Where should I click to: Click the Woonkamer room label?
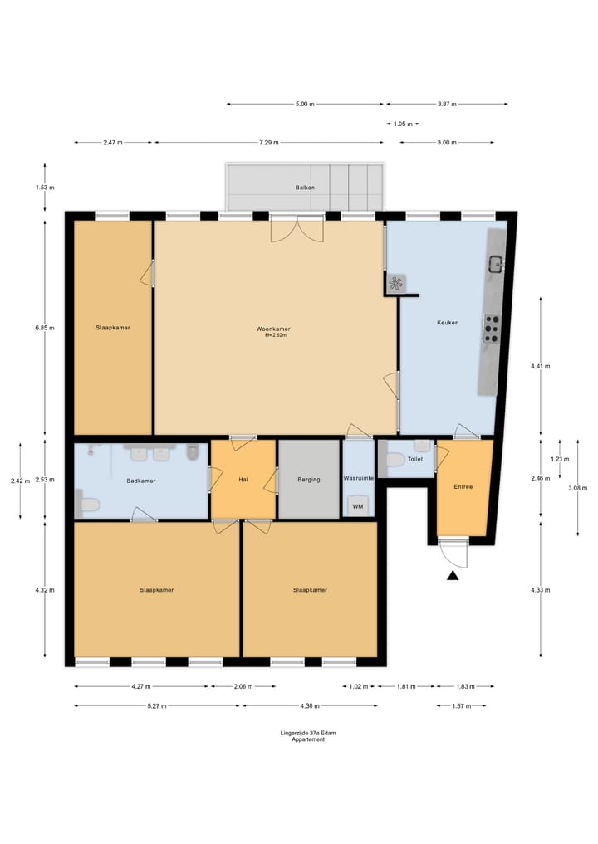(273, 329)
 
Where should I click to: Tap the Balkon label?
(305, 188)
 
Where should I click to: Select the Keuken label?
(448, 323)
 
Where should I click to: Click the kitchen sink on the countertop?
(496, 264)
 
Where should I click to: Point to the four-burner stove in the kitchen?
(491, 329)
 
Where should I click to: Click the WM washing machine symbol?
(358, 506)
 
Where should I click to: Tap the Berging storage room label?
(309, 480)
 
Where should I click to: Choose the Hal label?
(243, 480)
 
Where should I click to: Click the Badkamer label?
(141, 481)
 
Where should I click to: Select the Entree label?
(463, 486)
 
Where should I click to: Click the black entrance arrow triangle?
(453, 575)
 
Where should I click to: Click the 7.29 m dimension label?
(269, 143)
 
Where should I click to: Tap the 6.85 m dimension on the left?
(45, 328)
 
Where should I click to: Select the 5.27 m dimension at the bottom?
(157, 706)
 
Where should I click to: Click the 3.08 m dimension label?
(577, 488)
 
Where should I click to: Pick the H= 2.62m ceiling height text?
(275, 335)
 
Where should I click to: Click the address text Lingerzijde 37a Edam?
(308, 733)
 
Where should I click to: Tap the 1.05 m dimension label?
(403, 124)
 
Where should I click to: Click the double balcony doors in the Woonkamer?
(297, 228)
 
